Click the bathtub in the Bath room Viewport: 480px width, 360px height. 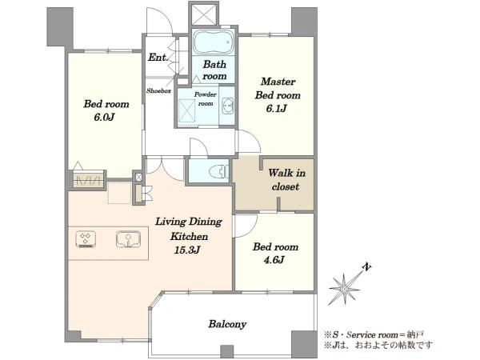(x=213, y=42)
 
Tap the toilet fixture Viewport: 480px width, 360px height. (x=218, y=171)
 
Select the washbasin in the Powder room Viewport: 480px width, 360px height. (x=228, y=106)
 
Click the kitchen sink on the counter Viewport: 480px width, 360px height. (x=128, y=239)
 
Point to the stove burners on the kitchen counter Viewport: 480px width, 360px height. (x=86, y=239)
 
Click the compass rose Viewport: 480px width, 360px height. (x=344, y=289)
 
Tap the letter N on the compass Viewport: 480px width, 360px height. (x=366, y=267)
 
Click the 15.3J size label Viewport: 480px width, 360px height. (x=187, y=250)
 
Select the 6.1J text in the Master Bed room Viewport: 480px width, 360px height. (x=276, y=108)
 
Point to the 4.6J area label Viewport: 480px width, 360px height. (x=274, y=260)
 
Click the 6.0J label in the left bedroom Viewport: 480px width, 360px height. (x=104, y=117)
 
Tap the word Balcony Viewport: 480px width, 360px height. (x=227, y=324)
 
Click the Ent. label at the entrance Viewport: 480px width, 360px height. (x=158, y=58)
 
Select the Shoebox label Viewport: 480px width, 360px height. (x=158, y=90)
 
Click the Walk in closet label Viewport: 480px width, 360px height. (x=286, y=180)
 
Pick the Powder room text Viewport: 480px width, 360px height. (x=206, y=99)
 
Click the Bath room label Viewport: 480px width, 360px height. (x=214, y=70)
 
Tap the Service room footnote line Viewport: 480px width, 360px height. (x=374, y=334)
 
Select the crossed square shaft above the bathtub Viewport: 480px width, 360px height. (x=204, y=14)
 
